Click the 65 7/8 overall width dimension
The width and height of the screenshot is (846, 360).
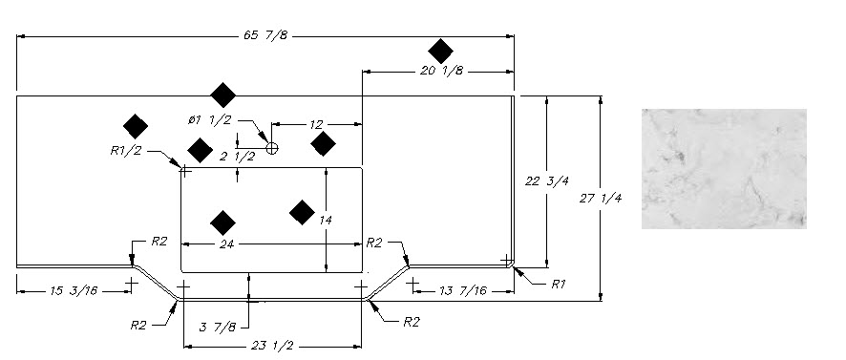click(265, 35)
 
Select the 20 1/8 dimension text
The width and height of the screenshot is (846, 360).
click(441, 71)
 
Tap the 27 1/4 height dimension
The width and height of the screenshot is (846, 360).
click(601, 198)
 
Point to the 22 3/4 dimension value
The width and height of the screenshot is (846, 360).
click(546, 180)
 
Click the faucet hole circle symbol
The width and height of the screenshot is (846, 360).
click(272, 148)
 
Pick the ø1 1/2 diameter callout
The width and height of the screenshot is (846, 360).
click(210, 119)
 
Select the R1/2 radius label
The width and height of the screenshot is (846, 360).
click(126, 151)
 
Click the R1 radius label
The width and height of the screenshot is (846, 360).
click(558, 285)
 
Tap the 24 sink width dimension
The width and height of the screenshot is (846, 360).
click(226, 244)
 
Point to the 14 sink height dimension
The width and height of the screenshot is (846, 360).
click(326, 221)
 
